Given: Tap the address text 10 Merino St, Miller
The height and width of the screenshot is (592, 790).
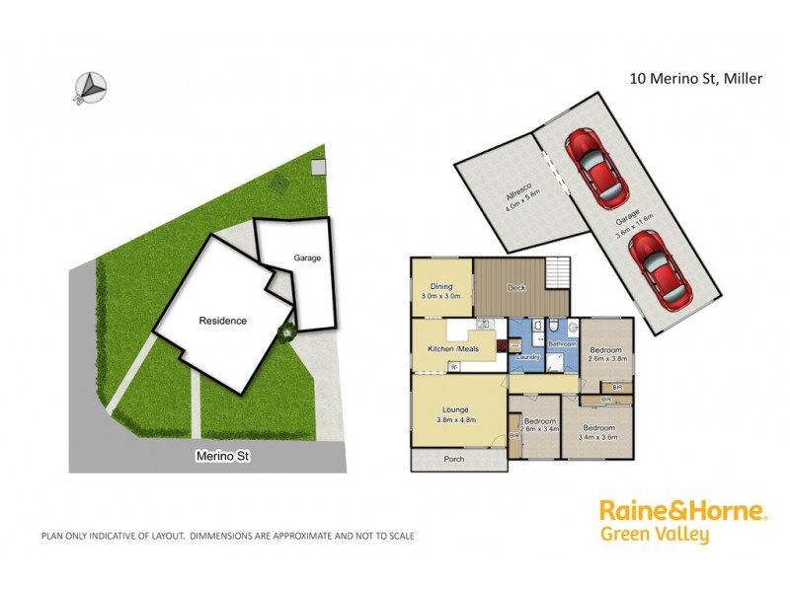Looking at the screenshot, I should point(695,79).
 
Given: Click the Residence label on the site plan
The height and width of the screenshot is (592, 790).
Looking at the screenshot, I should point(222,321).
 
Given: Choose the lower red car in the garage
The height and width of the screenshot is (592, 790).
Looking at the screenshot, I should point(657,265).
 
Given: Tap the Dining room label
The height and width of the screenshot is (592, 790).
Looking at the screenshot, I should point(440,287).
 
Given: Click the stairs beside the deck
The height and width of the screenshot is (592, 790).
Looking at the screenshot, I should point(558,271).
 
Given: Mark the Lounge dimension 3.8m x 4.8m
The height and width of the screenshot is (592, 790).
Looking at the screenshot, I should point(455,419).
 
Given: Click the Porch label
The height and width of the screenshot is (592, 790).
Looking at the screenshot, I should point(454,459).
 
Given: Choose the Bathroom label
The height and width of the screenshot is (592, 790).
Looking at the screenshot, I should point(562,343).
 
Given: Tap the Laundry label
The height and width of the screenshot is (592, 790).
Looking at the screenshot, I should point(525,356).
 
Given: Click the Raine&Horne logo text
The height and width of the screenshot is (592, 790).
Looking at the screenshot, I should point(682,511).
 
